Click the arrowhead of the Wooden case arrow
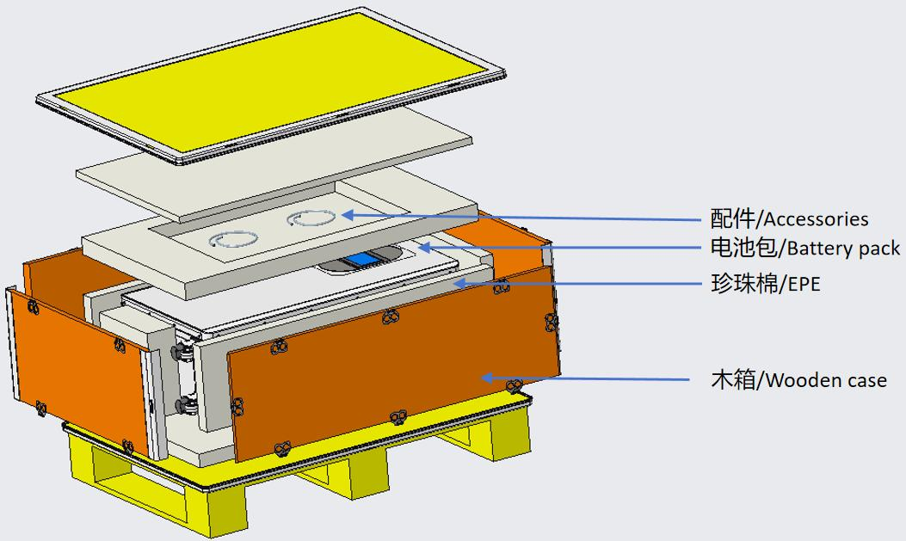486,378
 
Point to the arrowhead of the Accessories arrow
348,215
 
